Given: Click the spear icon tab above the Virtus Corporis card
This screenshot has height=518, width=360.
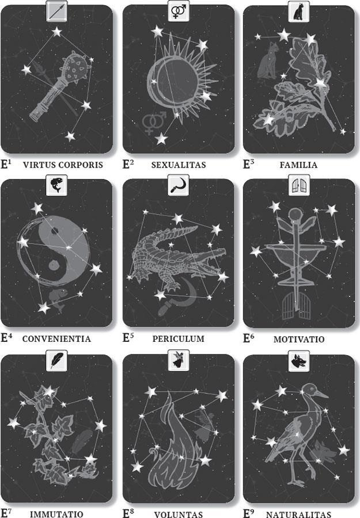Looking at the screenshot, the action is [x=57, y=12].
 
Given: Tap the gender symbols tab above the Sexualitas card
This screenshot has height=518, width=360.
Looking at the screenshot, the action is [x=179, y=12].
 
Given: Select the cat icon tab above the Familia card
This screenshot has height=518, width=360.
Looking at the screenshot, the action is [x=299, y=12].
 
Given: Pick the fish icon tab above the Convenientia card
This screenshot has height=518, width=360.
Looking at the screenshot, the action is [x=56, y=185].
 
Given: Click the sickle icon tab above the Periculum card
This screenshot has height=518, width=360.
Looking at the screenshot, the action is [x=179, y=185].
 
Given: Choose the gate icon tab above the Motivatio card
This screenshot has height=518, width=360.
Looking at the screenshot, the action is [x=299, y=185].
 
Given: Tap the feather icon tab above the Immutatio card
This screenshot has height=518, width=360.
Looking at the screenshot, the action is [x=57, y=360].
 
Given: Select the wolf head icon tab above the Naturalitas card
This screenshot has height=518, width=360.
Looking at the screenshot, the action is [x=299, y=360].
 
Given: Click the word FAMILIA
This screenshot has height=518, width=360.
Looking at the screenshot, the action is [x=298, y=165].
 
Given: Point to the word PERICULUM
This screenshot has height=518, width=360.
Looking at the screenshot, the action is [x=179, y=339].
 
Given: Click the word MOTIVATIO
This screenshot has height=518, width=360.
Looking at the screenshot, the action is [x=299, y=339].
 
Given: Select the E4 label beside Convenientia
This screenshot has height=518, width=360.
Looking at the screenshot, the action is [x=7, y=337].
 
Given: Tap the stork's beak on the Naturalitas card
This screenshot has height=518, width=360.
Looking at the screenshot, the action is [x=321, y=394].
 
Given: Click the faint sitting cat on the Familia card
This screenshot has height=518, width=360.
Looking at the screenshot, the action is [x=268, y=61].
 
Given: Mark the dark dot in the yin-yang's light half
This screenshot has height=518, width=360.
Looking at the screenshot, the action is [x=55, y=231].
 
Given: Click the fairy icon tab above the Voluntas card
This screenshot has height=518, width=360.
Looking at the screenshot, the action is [x=179, y=360].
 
